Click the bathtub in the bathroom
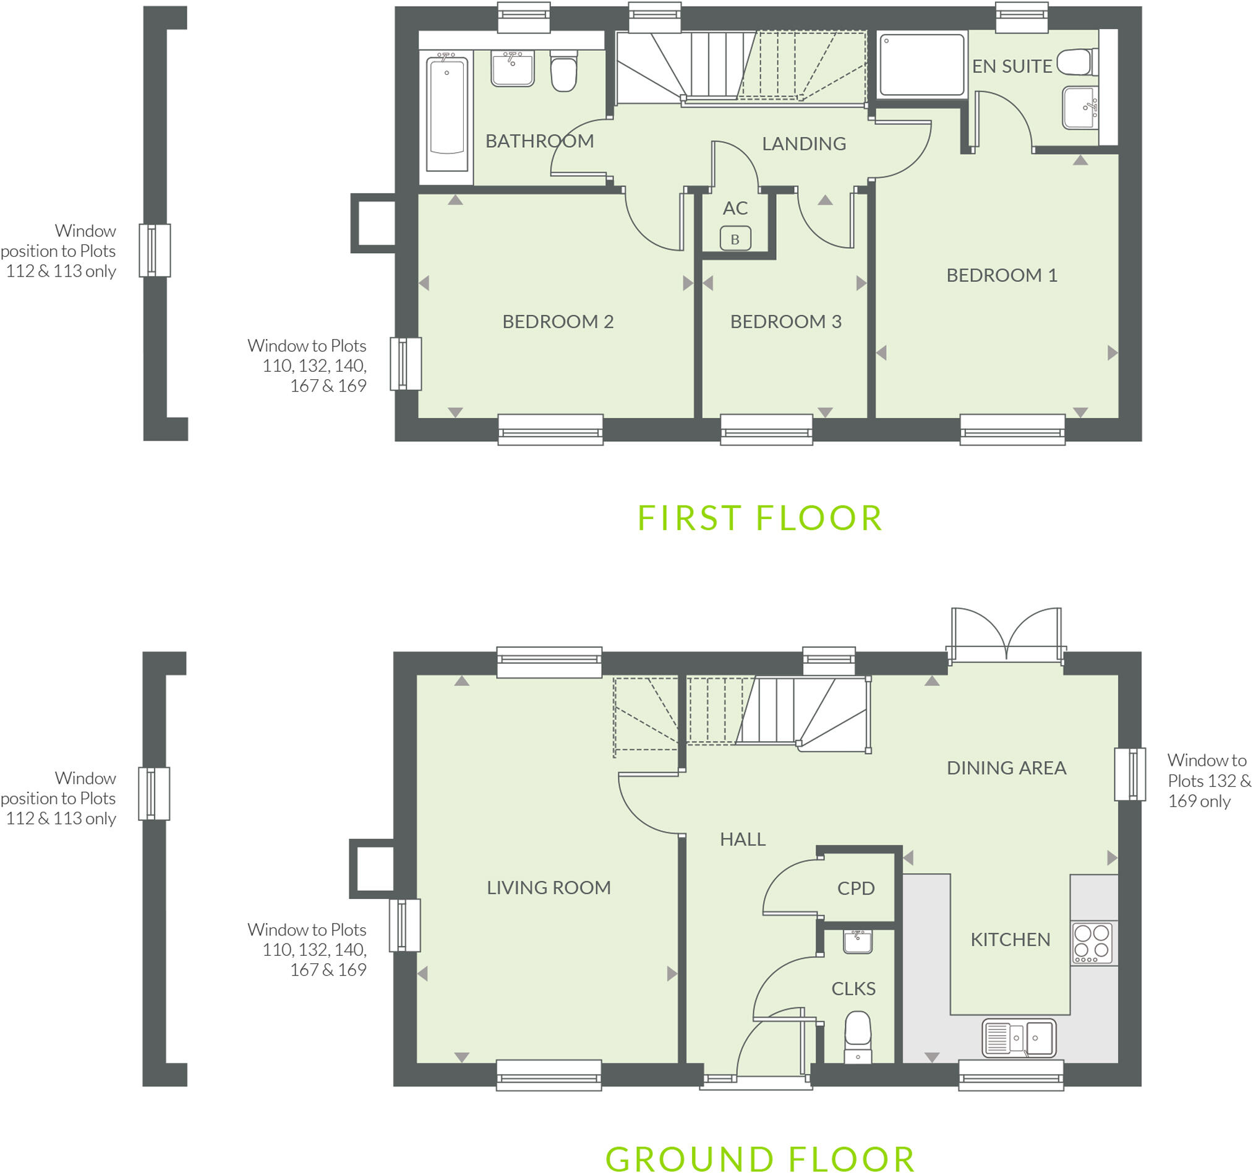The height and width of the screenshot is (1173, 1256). (446, 114)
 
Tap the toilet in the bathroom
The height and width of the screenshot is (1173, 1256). (563, 73)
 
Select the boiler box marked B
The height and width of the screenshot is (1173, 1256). (735, 239)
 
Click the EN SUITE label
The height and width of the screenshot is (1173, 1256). (1012, 66)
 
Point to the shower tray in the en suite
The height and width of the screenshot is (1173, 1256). (922, 65)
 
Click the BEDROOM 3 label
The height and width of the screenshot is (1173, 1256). (785, 322)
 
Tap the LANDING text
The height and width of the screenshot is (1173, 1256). (804, 144)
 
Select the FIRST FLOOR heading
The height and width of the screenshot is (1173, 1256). (760, 518)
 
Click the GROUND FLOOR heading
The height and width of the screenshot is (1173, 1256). (760, 1159)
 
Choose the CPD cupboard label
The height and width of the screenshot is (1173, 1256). (855, 888)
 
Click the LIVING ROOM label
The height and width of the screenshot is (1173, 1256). (549, 888)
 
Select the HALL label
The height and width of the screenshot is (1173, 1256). (742, 840)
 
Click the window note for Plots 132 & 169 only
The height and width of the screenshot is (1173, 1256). (1207, 781)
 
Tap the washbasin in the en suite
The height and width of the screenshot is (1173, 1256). (1080, 108)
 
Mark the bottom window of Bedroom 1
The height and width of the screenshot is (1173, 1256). (1012, 430)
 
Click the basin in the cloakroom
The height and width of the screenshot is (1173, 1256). (858, 941)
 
